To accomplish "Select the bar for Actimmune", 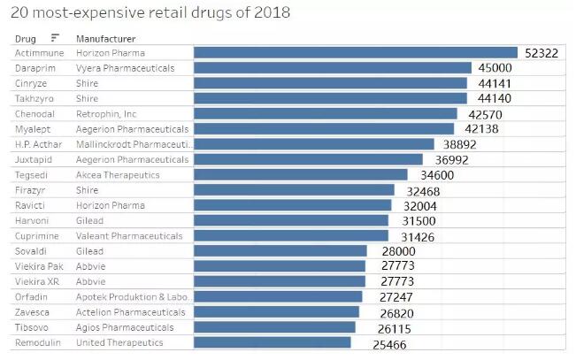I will (355, 53).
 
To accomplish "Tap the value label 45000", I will (495, 68).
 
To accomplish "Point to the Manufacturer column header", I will (105, 39).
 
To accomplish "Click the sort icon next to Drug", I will (55, 38).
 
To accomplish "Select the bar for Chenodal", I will (325, 114).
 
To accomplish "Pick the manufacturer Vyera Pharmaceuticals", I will (125, 68).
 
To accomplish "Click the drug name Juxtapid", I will (32, 159).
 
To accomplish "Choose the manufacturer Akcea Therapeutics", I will (118, 174).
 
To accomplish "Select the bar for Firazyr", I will (294, 190).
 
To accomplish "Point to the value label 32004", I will (415, 205).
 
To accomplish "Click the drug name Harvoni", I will (31, 220).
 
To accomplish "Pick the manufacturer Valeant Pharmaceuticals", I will (129, 236).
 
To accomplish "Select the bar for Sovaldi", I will (280, 251).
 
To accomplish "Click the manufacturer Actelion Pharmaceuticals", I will (131, 312).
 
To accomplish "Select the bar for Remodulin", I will (272, 342).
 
